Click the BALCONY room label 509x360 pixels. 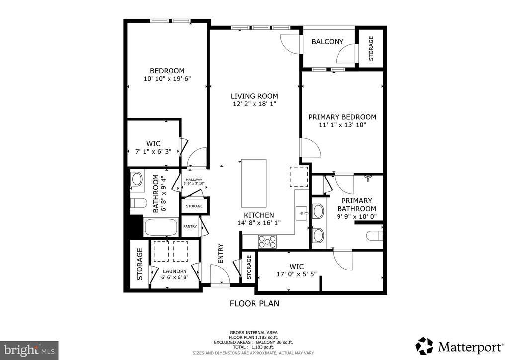click(327, 42)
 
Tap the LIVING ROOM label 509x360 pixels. click(254, 96)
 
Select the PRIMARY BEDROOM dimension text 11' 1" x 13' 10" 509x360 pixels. click(342, 125)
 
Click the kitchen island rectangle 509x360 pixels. click(254, 183)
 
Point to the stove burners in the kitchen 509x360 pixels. click(267, 242)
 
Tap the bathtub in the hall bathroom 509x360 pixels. click(161, 227)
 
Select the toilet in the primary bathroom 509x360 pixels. click(375, 235)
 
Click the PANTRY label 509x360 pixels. click(190, 226)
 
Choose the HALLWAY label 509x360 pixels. click(194, 180)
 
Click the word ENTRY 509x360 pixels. click(221, 253)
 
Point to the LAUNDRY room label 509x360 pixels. click(174, 271)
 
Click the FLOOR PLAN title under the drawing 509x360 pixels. click(254, 303)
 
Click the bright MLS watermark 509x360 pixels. click(29, 350)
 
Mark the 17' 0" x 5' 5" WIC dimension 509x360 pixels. click(296, 274)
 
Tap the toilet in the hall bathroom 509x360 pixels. click(138, 203)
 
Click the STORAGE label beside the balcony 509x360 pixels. click(371, 48)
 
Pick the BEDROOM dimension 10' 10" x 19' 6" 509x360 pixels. click(167, 78)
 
